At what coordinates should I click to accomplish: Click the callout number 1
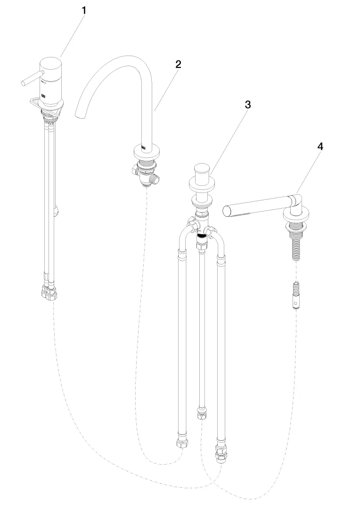click(84, 10)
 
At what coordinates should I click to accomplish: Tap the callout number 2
click(178, 65)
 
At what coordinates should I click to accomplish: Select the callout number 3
click(247, 105)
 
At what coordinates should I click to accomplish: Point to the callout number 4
click(320, 147)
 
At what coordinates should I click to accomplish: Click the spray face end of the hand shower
click(228, 210)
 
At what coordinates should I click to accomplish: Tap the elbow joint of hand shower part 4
click(295, 200)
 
